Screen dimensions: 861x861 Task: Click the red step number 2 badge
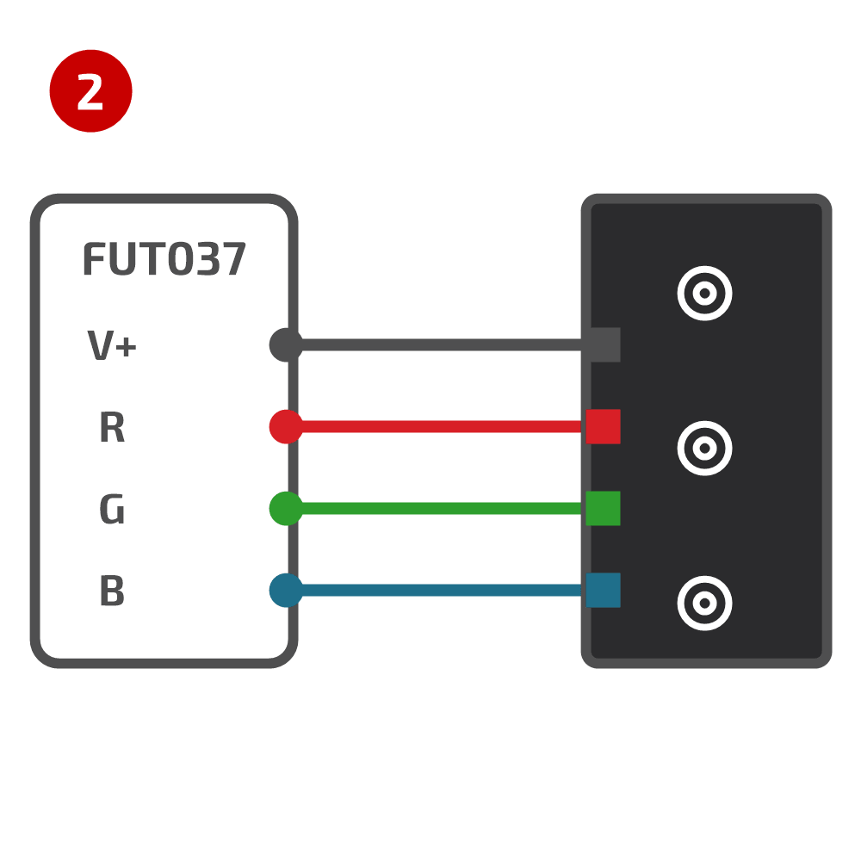point(90,90)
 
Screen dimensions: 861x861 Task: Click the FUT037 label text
point(164,259)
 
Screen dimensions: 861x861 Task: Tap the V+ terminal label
point(112,345)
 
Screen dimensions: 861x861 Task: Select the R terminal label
point(112,427)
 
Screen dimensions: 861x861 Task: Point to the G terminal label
point(112,509)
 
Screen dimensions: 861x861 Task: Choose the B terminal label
point(112,591)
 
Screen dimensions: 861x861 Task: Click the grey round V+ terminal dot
point(286,345)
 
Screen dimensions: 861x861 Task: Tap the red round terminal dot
point(286,427)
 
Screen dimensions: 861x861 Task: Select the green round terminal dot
point(286,509)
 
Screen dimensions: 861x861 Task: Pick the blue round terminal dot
point(286,591)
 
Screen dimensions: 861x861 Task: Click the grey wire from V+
point(442,345)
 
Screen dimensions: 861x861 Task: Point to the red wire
point(442,427)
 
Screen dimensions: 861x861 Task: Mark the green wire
point(442,509)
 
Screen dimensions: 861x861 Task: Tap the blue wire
point(442,591)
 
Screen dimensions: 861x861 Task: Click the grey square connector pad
point(604,345)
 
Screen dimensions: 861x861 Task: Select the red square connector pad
point(604,427)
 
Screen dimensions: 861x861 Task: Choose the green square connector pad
point(604,509)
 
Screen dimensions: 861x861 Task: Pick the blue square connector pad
point(604,591)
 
